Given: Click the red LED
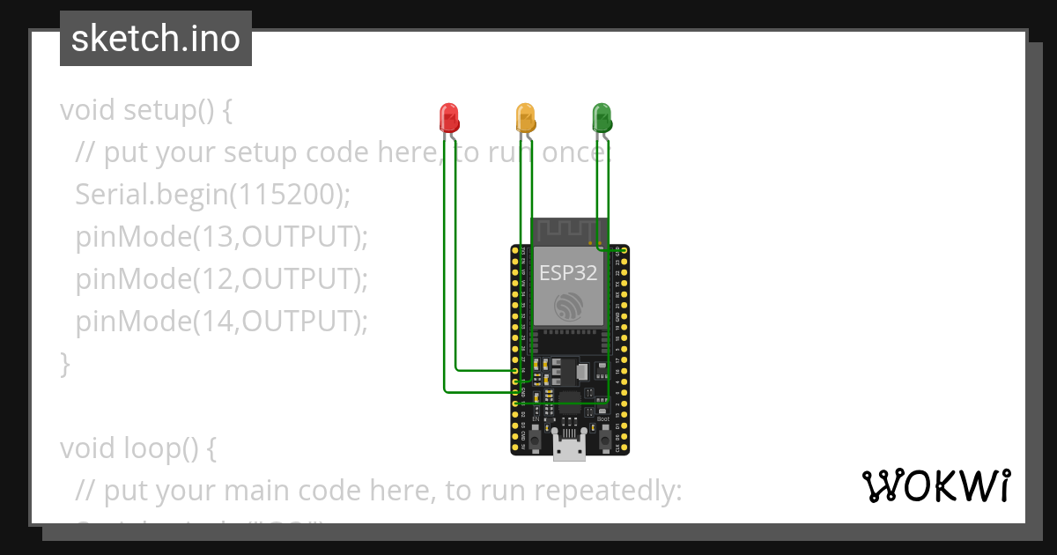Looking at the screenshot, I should point(449,117).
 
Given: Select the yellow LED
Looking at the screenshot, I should point(525,117).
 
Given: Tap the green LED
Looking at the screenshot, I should point(602,117).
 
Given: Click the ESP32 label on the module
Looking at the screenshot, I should point(568,272).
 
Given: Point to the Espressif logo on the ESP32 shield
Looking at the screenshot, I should point(568,307).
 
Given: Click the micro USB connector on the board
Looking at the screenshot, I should point(570,447).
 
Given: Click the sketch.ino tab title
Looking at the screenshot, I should point(156,40).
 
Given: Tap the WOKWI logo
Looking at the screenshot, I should point(935,486).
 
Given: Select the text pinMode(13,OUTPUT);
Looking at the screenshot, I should point(221,237).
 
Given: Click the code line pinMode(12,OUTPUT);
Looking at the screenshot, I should point(221,279).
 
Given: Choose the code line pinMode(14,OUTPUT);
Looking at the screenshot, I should point(221,322).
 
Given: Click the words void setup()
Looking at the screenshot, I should point(137,110).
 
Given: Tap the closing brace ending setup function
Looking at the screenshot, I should point(64,363).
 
